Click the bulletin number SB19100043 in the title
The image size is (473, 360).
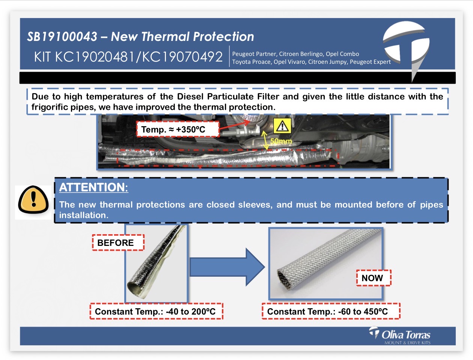click(62, 36)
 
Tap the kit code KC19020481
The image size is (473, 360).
click(95, 57)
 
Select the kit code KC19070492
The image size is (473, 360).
click(182, 57)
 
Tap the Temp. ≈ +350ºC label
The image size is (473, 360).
click(173, 130)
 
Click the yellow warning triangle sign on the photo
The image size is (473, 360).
click(282, 126)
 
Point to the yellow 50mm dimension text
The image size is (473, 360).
click(281, 141)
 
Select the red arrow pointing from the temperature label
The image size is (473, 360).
click(235, 125)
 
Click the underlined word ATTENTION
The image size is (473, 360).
click(93, 187)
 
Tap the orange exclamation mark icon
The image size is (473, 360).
click(33, 199)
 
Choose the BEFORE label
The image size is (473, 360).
click(116, 243)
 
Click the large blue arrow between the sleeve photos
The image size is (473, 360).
click(227, 267)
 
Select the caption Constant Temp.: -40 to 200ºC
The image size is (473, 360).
click(155, 312)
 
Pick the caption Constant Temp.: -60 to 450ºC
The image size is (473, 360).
click(327, 312)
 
